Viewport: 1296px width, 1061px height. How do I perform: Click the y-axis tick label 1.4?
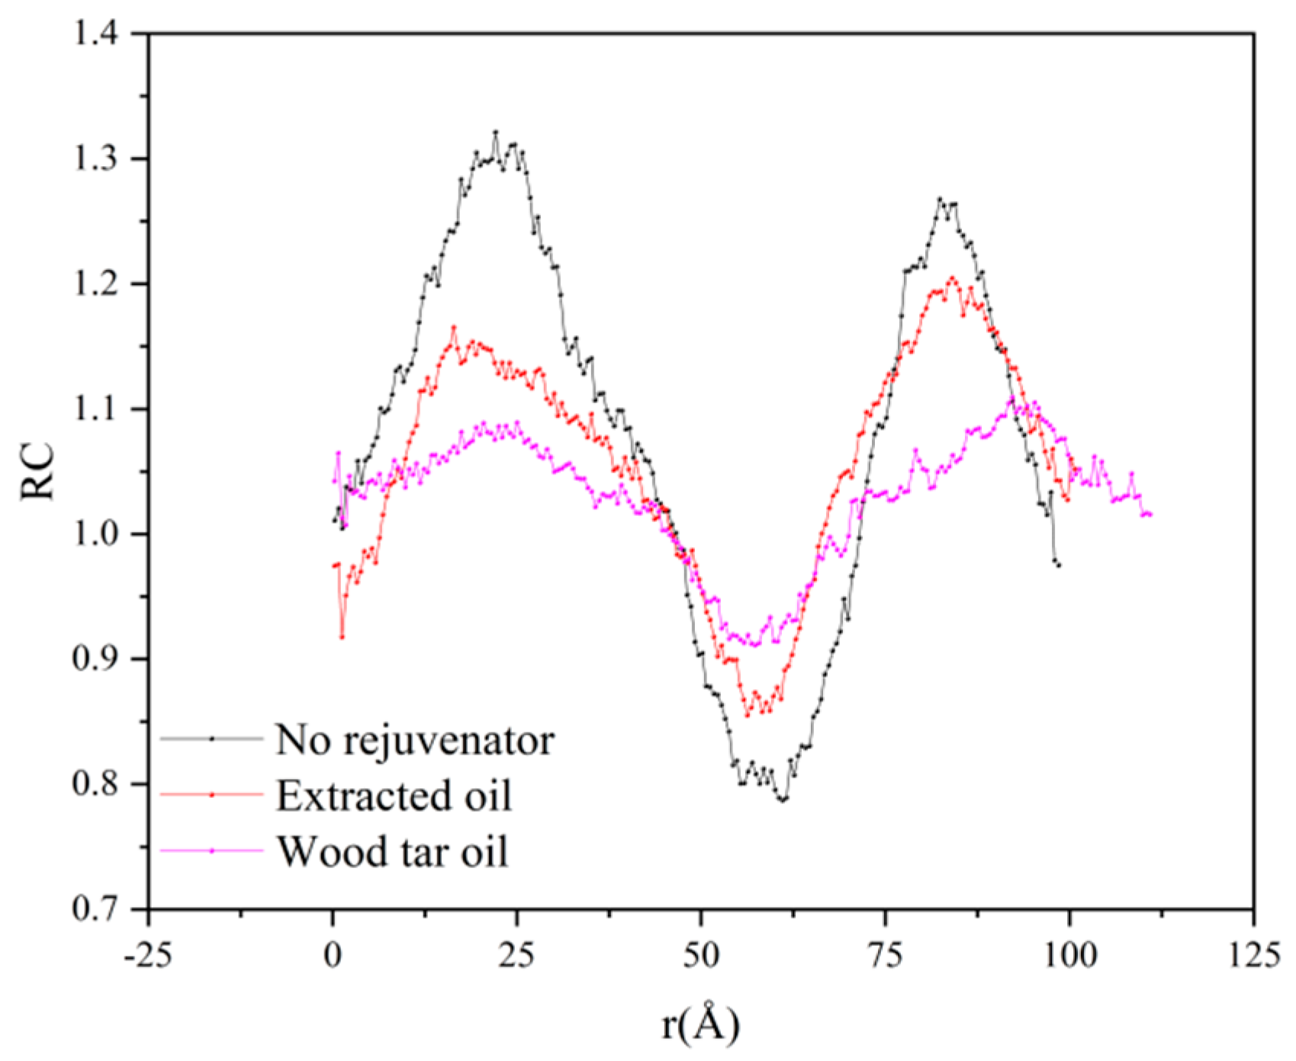coord(98,35)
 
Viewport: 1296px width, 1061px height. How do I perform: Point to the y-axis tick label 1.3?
coord(98,159)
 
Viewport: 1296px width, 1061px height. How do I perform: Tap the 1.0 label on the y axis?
coord(98,534)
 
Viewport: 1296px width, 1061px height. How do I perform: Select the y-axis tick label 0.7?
coord(98,909)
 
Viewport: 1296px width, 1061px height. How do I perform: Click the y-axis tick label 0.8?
coord(98,784)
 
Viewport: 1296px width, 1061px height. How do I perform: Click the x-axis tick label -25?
coord(149,954)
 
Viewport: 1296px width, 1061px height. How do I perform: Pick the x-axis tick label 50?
coord(701,954)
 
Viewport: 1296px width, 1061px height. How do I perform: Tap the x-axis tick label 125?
coord(1253,954)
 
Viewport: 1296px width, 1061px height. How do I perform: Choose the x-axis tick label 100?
coord(1069,954)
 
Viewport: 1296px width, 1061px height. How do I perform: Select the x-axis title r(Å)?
coord(700,1024)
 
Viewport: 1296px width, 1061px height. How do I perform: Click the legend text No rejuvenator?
coord(415,739)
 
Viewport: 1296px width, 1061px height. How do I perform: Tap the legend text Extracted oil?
coord(394,796)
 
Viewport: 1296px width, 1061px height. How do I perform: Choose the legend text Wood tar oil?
coord(392,851)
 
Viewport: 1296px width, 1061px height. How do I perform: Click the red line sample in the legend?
coord(212,795)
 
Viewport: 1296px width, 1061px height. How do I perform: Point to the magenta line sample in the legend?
coord(212,851)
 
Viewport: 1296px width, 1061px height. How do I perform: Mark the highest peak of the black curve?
coord(496,133)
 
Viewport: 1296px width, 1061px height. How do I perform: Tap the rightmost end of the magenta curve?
coord(1150,515)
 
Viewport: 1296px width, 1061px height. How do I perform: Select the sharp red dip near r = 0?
coord(342,636)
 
